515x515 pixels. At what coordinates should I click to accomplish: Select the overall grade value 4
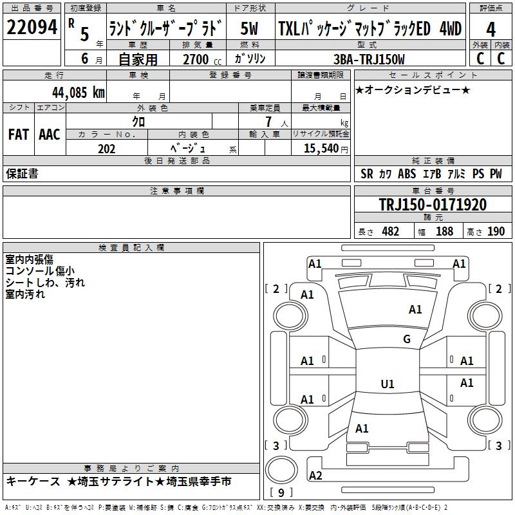point(491,29)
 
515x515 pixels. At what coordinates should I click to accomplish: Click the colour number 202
point(107,149)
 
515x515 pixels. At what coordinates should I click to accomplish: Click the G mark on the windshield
point(407,339)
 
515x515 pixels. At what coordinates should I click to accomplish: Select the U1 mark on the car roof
point(388,384)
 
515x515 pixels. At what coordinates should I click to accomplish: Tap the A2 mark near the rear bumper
point(315,476)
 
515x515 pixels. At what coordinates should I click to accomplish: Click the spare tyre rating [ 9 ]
point(281,493)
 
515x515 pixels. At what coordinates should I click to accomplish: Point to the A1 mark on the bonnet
point(415,310)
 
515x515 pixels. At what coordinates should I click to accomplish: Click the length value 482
point(391,231)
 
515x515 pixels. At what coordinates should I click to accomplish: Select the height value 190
point(496,231)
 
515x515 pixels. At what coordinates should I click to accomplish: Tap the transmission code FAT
point(18,135)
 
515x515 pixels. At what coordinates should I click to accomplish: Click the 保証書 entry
point(22,174)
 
